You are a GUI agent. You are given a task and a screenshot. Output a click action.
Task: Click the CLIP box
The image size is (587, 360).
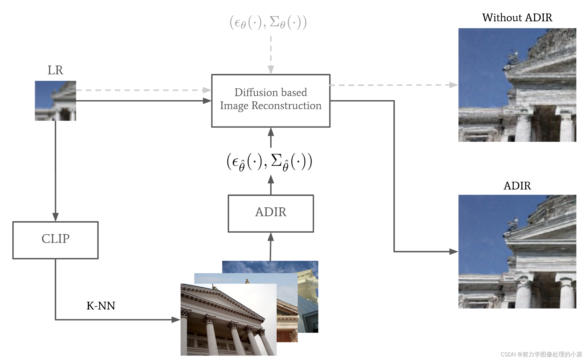point(55,240)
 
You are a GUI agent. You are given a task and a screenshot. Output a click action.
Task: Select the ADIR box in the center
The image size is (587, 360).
point(271,213)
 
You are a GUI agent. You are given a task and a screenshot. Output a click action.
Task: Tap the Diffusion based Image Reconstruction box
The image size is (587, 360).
point(271,101)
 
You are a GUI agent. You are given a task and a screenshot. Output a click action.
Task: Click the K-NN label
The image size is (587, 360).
point(101,306)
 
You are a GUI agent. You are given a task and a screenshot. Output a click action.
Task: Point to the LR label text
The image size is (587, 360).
point(55,70)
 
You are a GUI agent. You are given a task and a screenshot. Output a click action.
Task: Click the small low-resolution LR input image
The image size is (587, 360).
point(55,101)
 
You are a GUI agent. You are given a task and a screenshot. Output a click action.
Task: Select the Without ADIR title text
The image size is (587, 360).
point(517,17)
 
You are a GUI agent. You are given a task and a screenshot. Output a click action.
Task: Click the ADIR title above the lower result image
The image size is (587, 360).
point(517,186)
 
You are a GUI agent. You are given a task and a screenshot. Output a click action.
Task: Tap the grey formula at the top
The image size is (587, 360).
point(268,22)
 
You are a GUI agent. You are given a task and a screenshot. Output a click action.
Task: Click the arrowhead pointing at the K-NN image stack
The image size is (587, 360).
point(176,320)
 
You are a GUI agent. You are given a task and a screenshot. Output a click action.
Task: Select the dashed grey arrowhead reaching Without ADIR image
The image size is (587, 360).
point(453,85)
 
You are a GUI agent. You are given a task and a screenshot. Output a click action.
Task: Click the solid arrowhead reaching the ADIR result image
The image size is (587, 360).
point(453,252)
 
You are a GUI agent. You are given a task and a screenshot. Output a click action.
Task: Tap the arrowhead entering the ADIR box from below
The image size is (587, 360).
point(271,237)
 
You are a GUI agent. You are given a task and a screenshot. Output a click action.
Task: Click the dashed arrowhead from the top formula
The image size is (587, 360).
point(271,69)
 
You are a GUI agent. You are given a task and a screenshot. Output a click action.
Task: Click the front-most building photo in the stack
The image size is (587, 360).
point(228,320)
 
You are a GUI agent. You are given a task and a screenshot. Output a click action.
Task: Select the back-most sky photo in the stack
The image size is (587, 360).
point(271,267)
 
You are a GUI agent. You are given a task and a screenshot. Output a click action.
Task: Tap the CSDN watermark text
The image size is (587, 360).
point(541,354)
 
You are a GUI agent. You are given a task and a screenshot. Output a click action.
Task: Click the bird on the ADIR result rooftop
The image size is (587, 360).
point(512,223)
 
